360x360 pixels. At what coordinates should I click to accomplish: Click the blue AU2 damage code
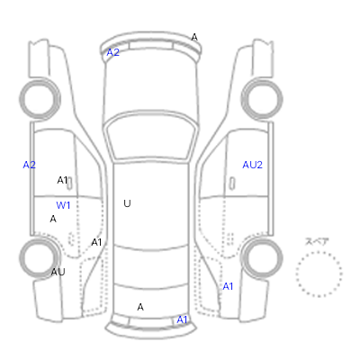pyautogui.click(x=252, y=165)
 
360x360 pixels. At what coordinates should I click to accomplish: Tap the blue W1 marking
pyautogui.click(x=63, y=205)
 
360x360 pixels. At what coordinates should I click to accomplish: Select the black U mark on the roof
pyautogui.click(x=127, y=203)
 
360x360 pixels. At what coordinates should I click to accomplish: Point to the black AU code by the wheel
pyautogui.click(x=58, y=272)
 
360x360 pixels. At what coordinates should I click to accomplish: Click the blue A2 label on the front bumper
pyautogui.click(x=113, y=52)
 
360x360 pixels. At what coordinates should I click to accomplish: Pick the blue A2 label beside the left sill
pyautogui.click(x=30, y=165)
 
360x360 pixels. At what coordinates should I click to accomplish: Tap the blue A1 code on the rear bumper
pyautogui.click(x=182, y=320)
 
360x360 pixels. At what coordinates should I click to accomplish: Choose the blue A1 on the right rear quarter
pyautogui.click(x=228, y=287)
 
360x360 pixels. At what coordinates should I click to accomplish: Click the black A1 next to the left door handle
pyautogui.click(x=62, y=180)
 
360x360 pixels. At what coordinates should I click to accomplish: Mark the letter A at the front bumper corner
pyautogui.click(x=194, y=38)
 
